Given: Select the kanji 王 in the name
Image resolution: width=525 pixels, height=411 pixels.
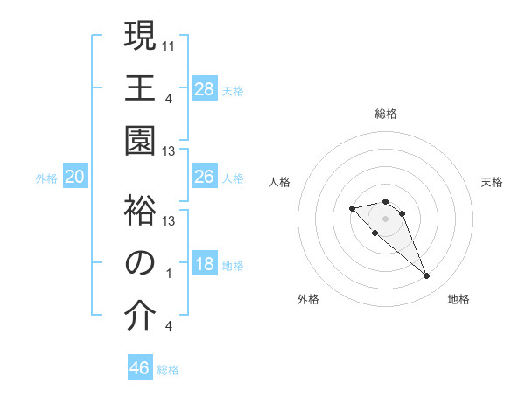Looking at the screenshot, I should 139,88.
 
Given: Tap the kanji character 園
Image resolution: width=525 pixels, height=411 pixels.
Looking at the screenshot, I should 139,142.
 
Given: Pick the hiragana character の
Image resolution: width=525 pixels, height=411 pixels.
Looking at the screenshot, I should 139,264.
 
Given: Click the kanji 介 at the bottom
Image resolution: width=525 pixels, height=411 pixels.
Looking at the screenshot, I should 139,317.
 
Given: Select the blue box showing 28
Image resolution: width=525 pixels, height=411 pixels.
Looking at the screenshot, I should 205,88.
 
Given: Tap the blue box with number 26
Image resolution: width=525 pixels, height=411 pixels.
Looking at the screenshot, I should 205,177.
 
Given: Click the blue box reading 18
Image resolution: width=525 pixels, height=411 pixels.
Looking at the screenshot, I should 205,264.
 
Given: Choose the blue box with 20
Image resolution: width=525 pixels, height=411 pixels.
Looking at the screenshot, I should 74,177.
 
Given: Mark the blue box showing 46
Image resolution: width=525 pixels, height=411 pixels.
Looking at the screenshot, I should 140,367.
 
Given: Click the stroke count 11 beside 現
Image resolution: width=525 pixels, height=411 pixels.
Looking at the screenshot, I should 170,44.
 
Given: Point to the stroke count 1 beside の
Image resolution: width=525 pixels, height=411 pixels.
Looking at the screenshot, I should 168,273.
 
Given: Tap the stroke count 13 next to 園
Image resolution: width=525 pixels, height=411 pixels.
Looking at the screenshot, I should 170,150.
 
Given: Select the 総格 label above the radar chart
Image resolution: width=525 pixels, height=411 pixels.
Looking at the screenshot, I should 386,114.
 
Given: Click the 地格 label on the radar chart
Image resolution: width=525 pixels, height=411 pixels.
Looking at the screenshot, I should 458,299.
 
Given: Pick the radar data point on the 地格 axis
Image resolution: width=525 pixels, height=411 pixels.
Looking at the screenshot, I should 426,276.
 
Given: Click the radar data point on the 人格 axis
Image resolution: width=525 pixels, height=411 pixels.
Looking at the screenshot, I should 352,208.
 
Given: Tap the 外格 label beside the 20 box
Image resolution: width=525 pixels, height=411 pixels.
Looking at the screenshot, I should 46,178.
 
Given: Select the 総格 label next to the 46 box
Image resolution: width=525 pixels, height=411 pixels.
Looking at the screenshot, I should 168,370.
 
